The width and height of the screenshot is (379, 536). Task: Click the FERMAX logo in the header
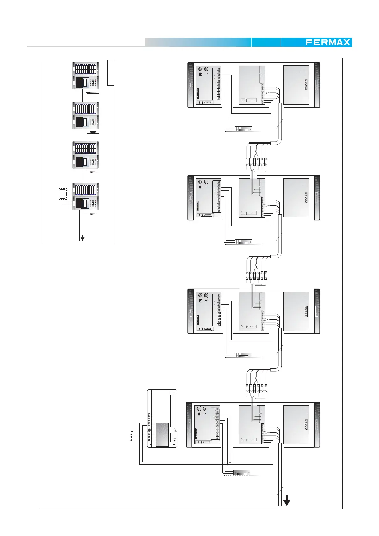point(328,42)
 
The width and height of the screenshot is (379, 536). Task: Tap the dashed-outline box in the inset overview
point(63,194)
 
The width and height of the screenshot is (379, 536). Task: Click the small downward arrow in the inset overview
point(82,238)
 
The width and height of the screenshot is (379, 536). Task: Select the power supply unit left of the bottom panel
point(162,419)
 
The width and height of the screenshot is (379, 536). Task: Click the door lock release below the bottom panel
point(242,473)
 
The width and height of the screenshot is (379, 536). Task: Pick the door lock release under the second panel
point(243,242)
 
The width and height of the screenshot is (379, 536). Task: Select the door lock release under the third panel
point(243,355)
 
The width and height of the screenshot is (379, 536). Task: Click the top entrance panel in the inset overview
point(85,76)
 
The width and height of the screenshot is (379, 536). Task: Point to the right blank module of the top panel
point(296,85)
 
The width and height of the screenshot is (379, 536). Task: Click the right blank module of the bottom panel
point(296,425)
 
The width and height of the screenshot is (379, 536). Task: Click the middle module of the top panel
point(252,85)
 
